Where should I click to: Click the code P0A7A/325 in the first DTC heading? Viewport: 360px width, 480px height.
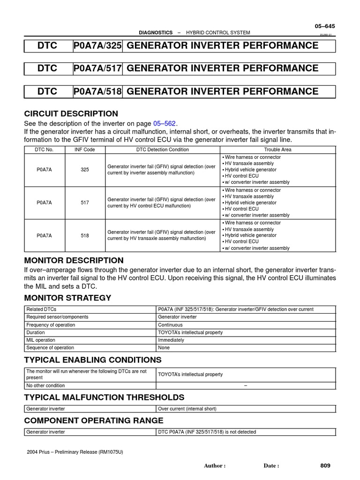pos(97,45)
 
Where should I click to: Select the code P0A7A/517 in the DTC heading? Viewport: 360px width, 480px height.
pos(97,68)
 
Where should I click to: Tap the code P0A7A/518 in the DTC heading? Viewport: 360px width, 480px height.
pos(97,91)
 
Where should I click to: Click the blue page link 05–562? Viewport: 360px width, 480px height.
pos(164,123)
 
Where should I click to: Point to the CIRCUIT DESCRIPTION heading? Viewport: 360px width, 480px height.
pos(71,113)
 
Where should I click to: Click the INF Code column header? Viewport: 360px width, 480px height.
pos(84,150)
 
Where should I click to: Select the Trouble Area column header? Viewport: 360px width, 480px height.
pos(278,150)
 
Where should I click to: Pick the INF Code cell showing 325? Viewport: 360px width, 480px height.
pos(84,170)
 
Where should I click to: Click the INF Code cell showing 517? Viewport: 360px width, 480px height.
pos(84,202)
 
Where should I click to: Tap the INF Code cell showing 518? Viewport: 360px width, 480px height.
pos(84,235)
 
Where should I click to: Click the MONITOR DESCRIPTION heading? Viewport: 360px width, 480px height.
pos(74,260)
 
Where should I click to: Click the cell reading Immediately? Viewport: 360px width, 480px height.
pos(171,340)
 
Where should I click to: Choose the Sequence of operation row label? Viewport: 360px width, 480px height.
pos(50,348)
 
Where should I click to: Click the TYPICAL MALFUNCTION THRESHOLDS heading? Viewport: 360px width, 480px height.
pos(104,397)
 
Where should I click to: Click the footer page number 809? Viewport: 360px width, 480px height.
pos(325,465)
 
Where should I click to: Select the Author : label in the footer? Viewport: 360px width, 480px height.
pos(215,466)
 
